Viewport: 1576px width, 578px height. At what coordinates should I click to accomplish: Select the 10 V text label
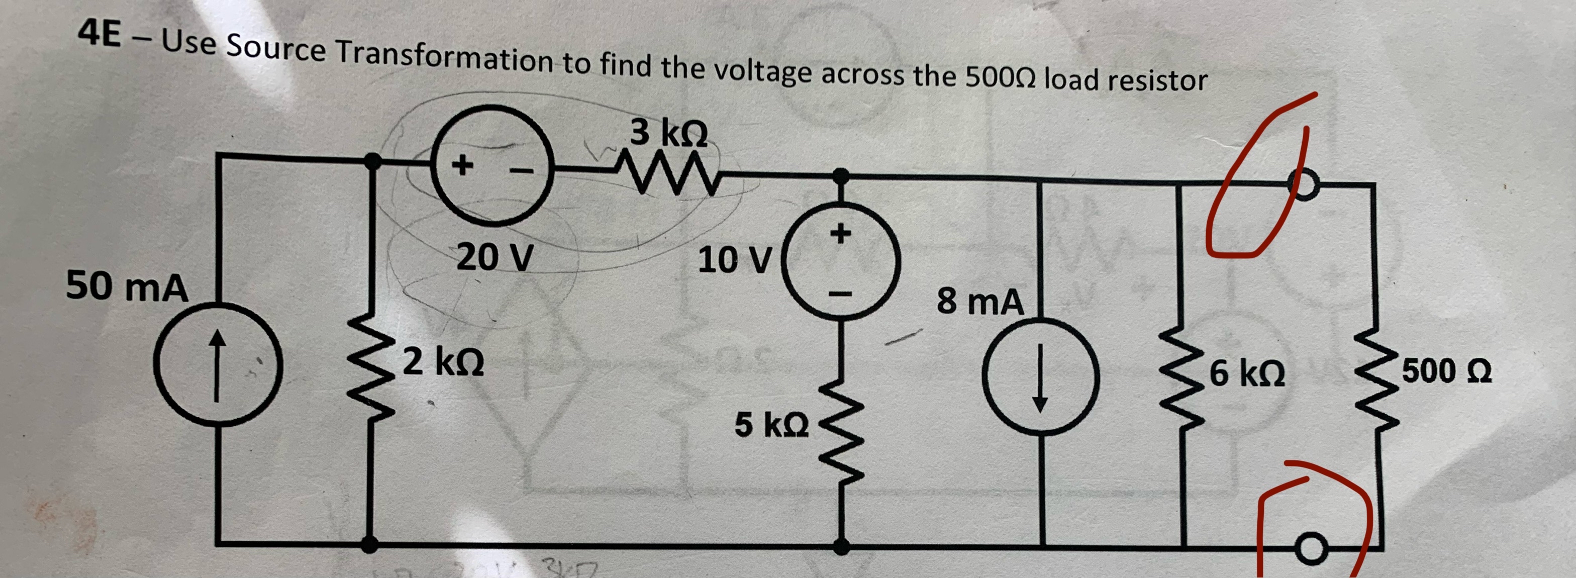(736, 260)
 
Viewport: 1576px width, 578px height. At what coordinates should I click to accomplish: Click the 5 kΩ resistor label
(771, 425)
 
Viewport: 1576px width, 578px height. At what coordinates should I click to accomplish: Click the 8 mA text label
(979, 302)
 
